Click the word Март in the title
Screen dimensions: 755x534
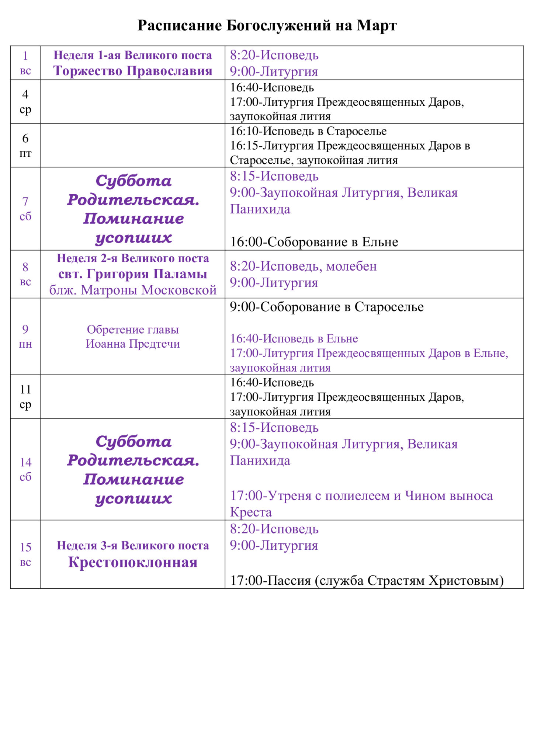(376, 25)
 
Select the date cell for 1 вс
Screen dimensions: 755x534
(25, 63)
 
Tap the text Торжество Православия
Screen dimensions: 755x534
(133, 71)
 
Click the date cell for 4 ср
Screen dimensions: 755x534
(25, 102)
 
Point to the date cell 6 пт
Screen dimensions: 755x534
(25, 146)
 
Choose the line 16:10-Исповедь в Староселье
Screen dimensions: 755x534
(308, 131)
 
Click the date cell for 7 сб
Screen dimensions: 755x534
(25, 209)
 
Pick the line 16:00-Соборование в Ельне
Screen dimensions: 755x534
(314, 242)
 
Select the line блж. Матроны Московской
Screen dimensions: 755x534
(133, 290)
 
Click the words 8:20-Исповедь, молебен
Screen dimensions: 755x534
(303, 266)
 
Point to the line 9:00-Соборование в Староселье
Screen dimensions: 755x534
(327, 307)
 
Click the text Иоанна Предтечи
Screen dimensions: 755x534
(133, 344)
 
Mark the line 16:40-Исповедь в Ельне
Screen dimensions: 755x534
(294, 338)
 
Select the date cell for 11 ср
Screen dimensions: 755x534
(25, 397)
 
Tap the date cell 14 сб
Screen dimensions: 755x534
(25, 469)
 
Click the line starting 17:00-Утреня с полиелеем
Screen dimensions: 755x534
(361, 496)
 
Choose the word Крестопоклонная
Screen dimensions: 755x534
(133, 562)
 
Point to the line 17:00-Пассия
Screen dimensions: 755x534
(367, 580)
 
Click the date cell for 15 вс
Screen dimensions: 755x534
(25, 554)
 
